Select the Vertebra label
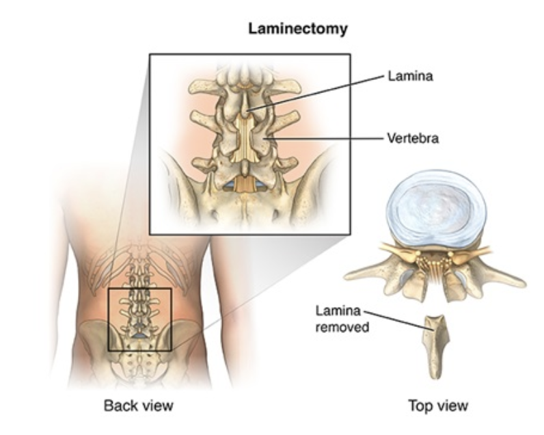(x=413, y=138)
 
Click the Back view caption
(x=138, y=406)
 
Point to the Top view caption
(x=438, y=406)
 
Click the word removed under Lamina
(x=342, y=327)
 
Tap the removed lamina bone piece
(x=435, y=345)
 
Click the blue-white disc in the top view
(x=435, y=205)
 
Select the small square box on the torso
(x=139, y=319)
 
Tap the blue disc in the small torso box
(x=139, y=336)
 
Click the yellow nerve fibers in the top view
(x=435, y=263)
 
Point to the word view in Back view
(x=157, y=406)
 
